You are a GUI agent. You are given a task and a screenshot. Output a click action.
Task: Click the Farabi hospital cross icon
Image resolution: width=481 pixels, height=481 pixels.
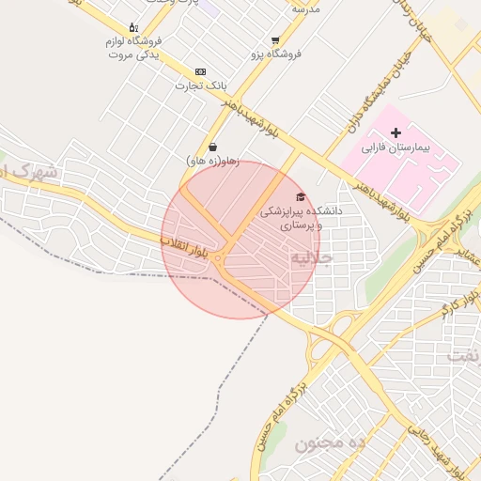coord(396,133)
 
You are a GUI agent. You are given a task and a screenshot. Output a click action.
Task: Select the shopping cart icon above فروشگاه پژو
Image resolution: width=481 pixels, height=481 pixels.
coord(274,40)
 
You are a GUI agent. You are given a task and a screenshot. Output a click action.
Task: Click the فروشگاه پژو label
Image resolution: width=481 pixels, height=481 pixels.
coord(274,54)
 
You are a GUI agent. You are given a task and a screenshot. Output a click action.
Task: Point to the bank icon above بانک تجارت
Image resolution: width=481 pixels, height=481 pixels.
coord(200,71)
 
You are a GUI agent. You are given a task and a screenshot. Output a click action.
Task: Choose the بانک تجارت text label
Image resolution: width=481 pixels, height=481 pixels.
coord(201,85)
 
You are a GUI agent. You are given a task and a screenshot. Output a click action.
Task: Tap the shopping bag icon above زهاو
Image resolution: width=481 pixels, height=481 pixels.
coord(213,147)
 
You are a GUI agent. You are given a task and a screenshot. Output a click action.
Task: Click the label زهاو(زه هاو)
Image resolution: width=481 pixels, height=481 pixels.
coord(213,162)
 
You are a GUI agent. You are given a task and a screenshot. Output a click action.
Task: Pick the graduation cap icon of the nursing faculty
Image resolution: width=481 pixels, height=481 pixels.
coord(301,196)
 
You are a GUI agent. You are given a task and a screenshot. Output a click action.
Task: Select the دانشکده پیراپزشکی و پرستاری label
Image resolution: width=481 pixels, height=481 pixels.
coord(301,218)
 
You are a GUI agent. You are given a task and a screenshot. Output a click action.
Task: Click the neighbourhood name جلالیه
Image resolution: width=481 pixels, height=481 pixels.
coord(312,256)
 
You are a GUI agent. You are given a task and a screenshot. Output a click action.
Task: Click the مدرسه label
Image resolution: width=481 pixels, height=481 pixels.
coord(306,8)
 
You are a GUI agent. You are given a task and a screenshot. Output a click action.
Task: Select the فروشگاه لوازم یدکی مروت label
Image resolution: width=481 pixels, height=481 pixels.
coord(132,48)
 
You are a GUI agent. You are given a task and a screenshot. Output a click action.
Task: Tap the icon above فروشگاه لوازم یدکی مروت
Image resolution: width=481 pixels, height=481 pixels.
coord(132,27)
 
